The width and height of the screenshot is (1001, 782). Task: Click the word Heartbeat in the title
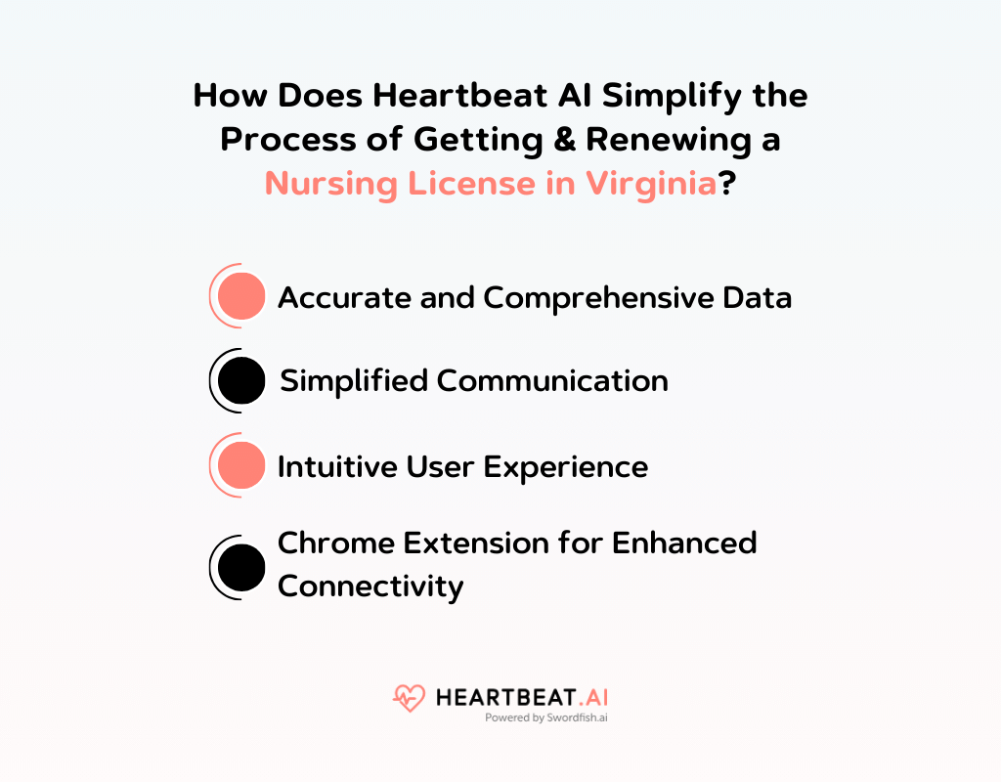(457, 96)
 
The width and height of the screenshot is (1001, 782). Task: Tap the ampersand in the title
(560, 139)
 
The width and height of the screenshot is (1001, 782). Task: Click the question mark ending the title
(727, 183)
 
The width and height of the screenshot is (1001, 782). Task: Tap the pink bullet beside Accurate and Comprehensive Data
(241, 296)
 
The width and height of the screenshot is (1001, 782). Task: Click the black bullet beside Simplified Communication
(241, 380)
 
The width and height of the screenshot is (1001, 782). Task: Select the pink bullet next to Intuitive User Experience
(241, 465)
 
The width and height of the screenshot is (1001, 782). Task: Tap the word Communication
(552, 380)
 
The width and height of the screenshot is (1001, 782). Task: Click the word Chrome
(325, 543)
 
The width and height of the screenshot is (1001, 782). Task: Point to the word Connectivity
(370, 586)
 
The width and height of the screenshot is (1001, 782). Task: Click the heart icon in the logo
(410, 698)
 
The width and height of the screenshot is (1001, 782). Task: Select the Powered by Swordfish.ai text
(546, 717)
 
